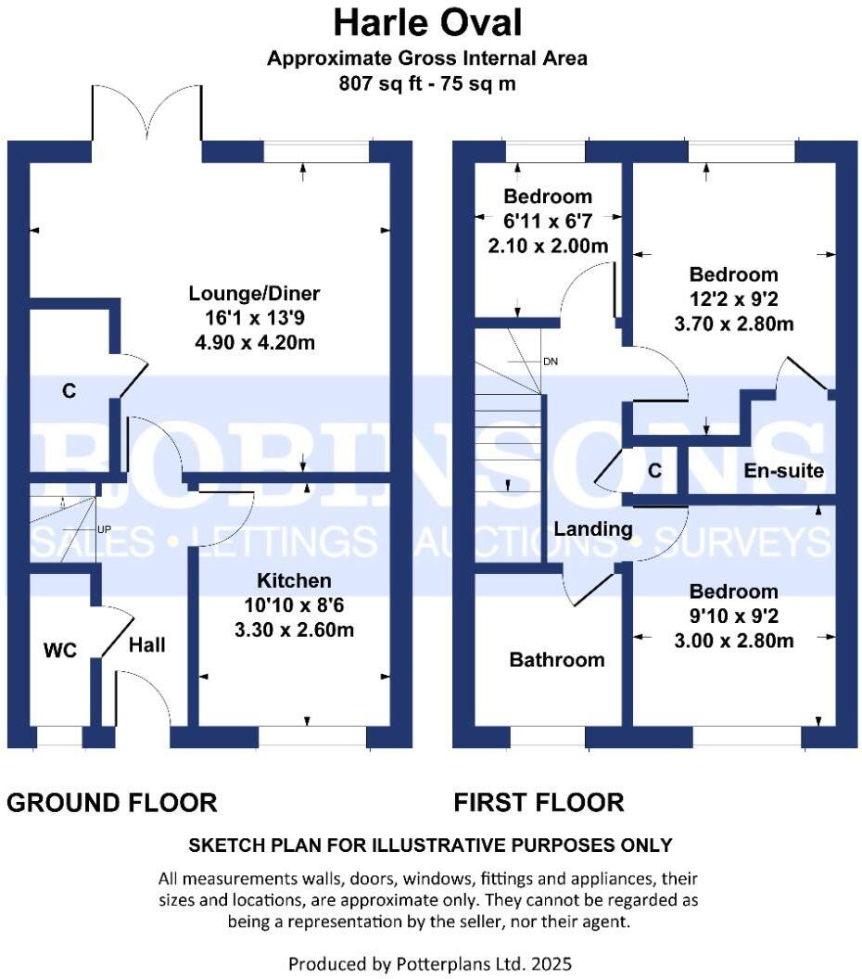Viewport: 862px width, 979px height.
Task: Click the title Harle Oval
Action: coord(427,21)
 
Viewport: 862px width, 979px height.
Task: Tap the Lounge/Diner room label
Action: coord(254,294)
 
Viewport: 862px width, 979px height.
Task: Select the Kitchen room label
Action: coord(294,581)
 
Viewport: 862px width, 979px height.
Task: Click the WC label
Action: coord(59,651)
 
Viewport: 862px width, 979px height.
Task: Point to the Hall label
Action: coord(147,644)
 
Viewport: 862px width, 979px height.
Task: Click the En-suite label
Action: coord(783,471)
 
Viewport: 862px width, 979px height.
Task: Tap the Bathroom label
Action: coord(556,660)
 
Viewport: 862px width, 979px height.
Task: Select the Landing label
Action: coord(593,529)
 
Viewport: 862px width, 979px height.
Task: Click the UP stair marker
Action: coord(104,530)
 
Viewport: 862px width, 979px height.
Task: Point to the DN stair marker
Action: coord(551,361)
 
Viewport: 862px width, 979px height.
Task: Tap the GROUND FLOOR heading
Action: coord(112,802)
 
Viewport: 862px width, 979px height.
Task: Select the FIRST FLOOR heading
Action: coord(539,802)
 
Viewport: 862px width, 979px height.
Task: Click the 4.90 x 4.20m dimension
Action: coord(254,342)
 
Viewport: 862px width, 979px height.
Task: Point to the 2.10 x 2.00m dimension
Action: coord(547,246)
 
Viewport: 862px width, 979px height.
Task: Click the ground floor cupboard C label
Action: coord(69,391)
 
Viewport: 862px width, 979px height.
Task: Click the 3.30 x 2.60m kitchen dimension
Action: coord(294,629)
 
